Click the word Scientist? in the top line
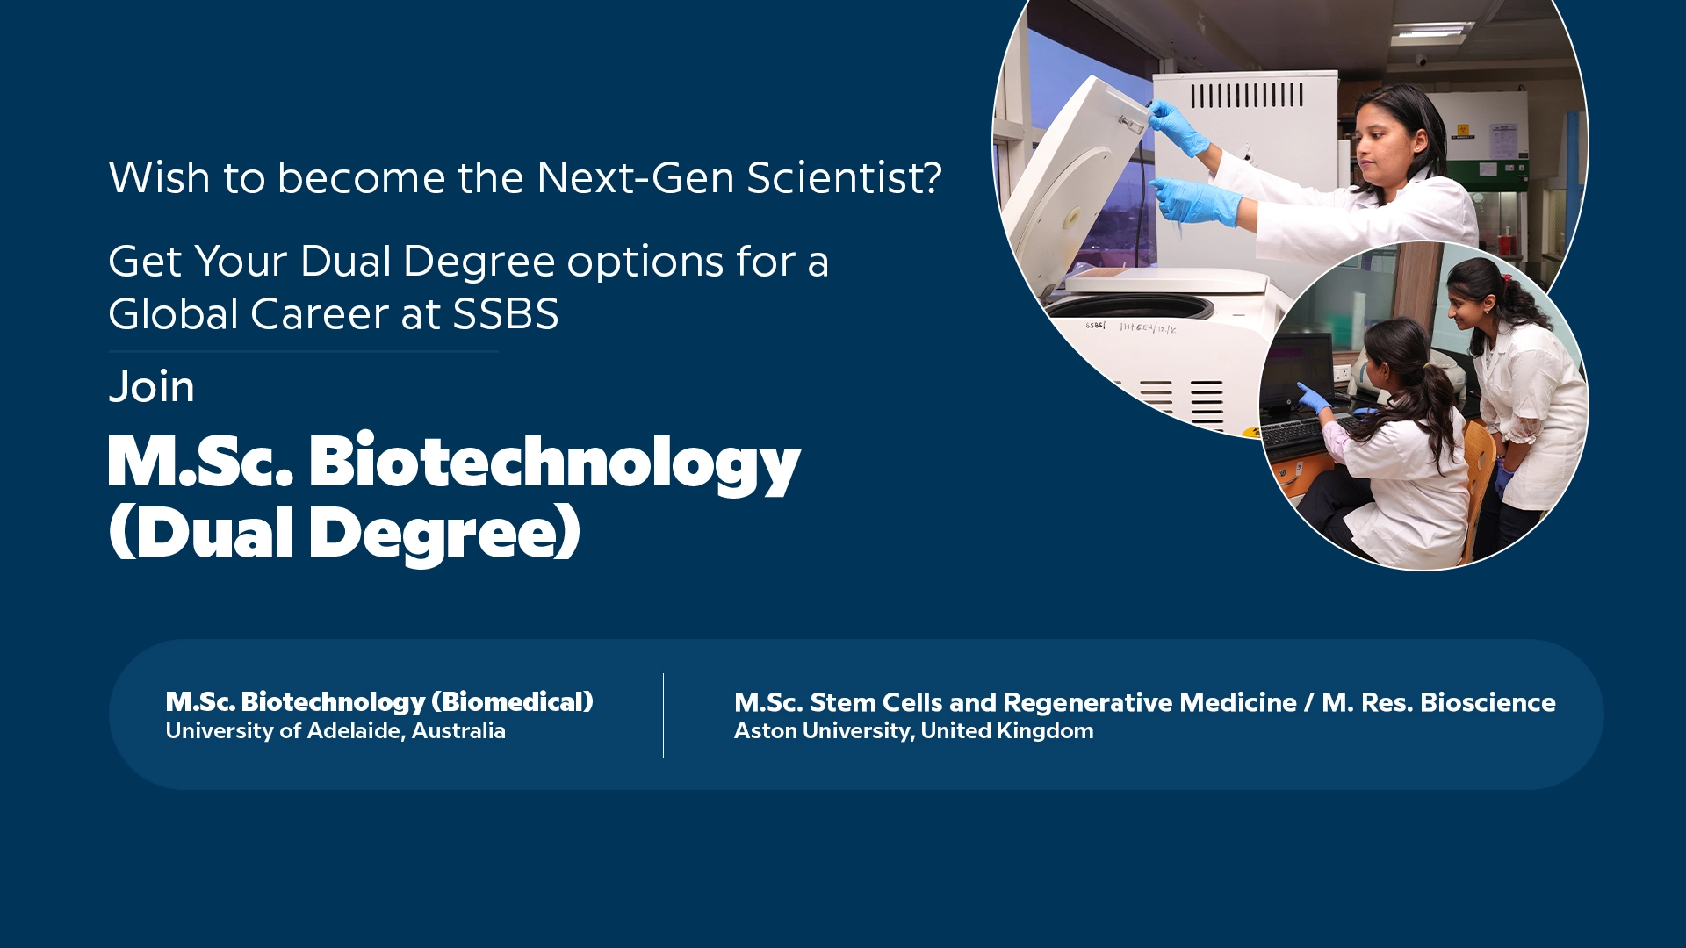(844, 177)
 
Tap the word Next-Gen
(635, 178)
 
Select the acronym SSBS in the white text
(505, 313)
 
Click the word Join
(151, 386)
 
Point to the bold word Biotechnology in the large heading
(554, 463)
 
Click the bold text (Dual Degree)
(344, 534)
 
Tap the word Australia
(458, 730)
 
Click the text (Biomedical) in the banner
(512, 702)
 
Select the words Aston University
(824, 731)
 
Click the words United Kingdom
(1007, 731)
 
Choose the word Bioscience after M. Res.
(1488, 702)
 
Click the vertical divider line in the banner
(663, 715)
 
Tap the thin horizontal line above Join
(303, 351)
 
